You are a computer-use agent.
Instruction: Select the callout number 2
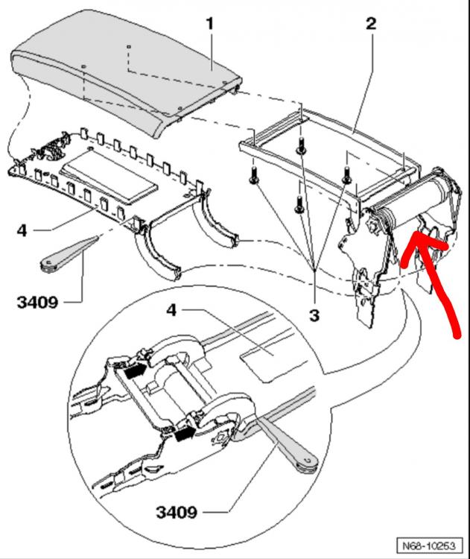click(371, 23)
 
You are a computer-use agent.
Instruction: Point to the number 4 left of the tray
click(22, 232)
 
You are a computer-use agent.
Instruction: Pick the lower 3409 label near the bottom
click(177, 513)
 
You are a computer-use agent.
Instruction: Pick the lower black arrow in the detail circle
click(183, 432)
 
